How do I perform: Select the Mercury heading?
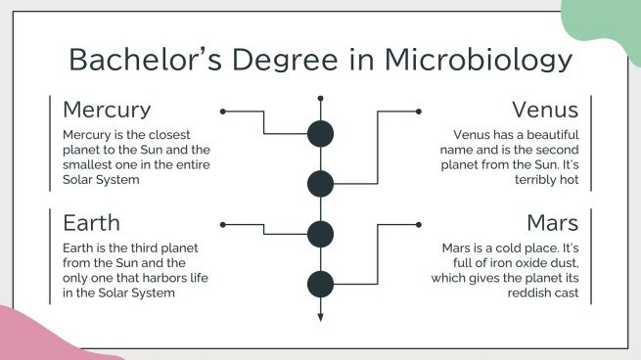107,109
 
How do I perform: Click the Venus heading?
545,109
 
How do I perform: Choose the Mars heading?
553,222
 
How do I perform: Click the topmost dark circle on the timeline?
320,134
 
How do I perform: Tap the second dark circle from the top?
320,183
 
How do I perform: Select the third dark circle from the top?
320,234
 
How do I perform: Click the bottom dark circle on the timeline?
320,284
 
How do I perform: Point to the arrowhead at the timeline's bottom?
320,317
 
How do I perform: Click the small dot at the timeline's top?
320,98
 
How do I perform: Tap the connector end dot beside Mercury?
223,112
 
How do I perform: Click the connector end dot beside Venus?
418,112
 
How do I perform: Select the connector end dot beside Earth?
223,224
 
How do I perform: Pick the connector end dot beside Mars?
418,224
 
